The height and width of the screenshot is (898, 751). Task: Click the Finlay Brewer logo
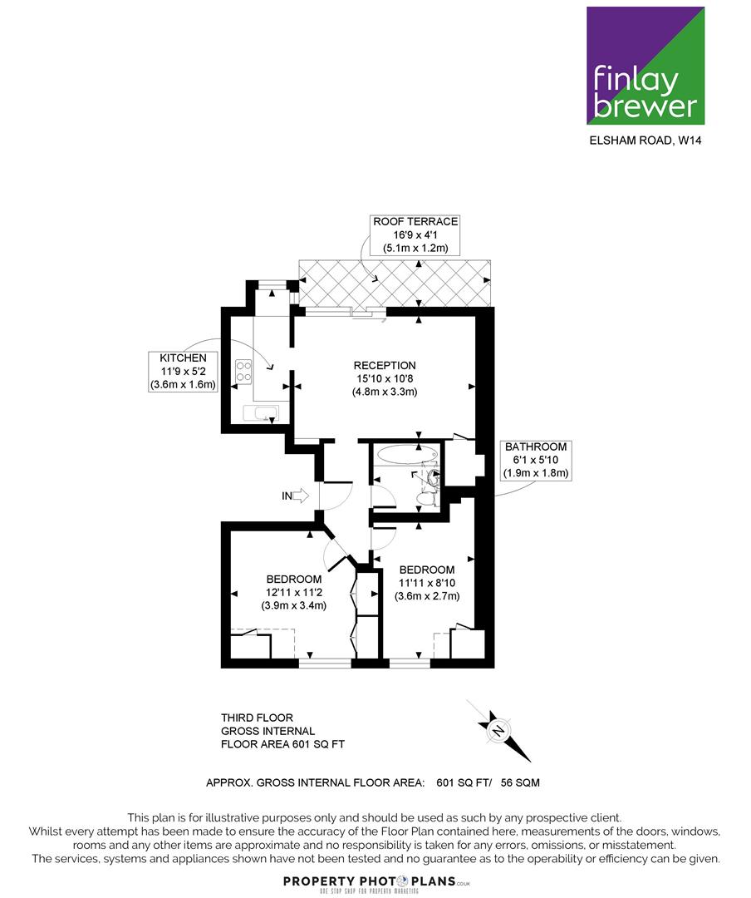click(x=645, y=66)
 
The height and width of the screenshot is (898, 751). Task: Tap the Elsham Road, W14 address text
click(x=645, y=141)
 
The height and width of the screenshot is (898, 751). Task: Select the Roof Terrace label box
click(x=415, y=234)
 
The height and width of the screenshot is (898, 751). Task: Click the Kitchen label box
click(x=183, y=371)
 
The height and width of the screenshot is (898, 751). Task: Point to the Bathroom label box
click(x=536, y=460)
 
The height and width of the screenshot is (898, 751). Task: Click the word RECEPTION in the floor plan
click(x=385, y=365)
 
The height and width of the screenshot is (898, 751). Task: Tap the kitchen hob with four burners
click(x=244, y=371)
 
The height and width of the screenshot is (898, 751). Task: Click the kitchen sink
click(x=261, y=413)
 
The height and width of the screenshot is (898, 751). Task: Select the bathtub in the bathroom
click(x=407, y=455)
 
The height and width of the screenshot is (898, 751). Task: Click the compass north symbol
click(x=498, y=731)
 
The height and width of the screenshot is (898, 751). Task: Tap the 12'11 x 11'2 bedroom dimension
click(x=293, y=592)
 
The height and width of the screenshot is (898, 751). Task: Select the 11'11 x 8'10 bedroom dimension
click(x=427, y=583)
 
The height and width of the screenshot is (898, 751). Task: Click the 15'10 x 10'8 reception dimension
click(x=385, y=378)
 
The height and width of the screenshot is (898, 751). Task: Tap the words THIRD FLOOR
click(x=257, y=718)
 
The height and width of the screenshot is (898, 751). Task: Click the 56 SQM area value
click(x=520, y=782)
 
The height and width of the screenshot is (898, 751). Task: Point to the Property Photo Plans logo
click(x=376, y=883)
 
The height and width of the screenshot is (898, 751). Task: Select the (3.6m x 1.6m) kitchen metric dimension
click(x=183, y=385)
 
